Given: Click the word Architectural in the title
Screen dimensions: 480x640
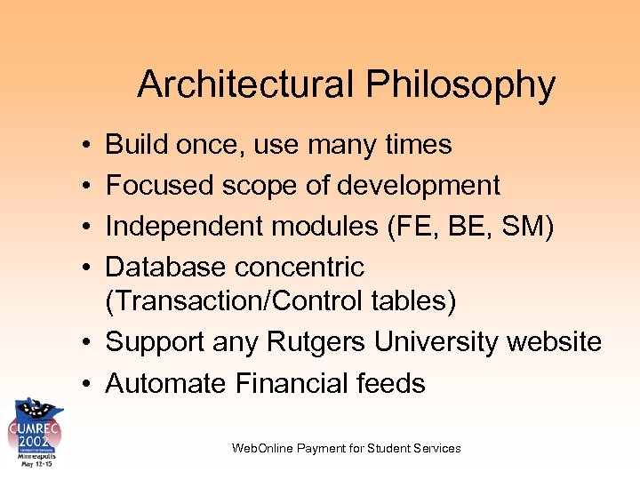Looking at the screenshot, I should [x=245, y=85].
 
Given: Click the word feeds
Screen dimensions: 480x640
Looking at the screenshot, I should [x=393, y=383].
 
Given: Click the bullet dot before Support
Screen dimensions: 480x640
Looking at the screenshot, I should [x=80, y=342].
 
